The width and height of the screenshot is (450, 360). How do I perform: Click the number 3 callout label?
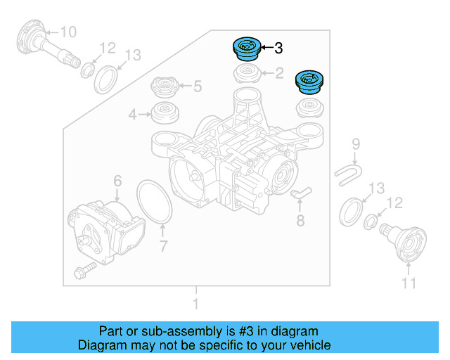tap(278, 49)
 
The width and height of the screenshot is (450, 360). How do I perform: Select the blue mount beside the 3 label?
tap(246, 49)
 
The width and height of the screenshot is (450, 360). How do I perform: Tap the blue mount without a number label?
tap(309, 82)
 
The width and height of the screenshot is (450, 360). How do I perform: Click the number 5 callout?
tap(197, 86)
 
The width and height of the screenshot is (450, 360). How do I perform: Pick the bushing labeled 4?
tap(165, 112)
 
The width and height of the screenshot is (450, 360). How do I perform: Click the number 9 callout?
tap(356, 144)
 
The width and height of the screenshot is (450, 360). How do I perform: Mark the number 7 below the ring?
tap(163, 246)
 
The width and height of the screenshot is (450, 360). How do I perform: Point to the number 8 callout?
tap(300, 222)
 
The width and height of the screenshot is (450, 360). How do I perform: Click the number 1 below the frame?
tap(196, 304)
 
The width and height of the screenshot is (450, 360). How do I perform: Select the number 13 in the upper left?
tap(133, 55)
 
